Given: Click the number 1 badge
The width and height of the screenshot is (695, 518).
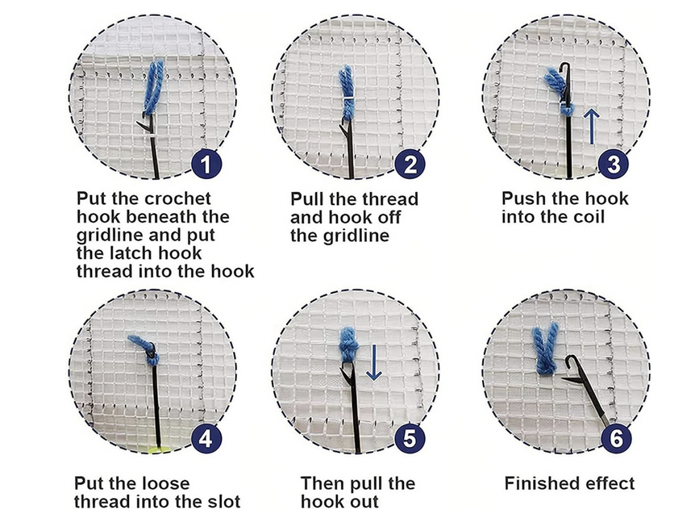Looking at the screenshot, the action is [x=206, y=165].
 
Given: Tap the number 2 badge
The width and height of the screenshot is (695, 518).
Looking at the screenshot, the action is [x=410, y=165].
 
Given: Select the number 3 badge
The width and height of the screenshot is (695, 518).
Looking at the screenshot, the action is [x=614, y=164].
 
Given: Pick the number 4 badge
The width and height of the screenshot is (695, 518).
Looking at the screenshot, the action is [x=206, y=439].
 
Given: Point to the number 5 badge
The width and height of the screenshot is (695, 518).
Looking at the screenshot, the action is [x=410, y=439].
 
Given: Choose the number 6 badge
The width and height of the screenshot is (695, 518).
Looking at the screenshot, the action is [x=617, y=439].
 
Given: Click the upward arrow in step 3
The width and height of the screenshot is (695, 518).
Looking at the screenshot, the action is [x=592, y=127].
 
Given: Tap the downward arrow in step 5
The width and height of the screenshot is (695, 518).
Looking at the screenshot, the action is [x=373, y=363].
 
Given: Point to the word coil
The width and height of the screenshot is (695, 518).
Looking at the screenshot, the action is [x=587, y=217].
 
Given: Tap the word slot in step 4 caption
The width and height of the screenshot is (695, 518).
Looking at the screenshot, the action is [x=224, y=502].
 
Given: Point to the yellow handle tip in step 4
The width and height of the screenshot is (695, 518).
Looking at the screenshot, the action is [x=159, y=449].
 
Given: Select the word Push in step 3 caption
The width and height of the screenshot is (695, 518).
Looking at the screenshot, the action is [x=522, y=198].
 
